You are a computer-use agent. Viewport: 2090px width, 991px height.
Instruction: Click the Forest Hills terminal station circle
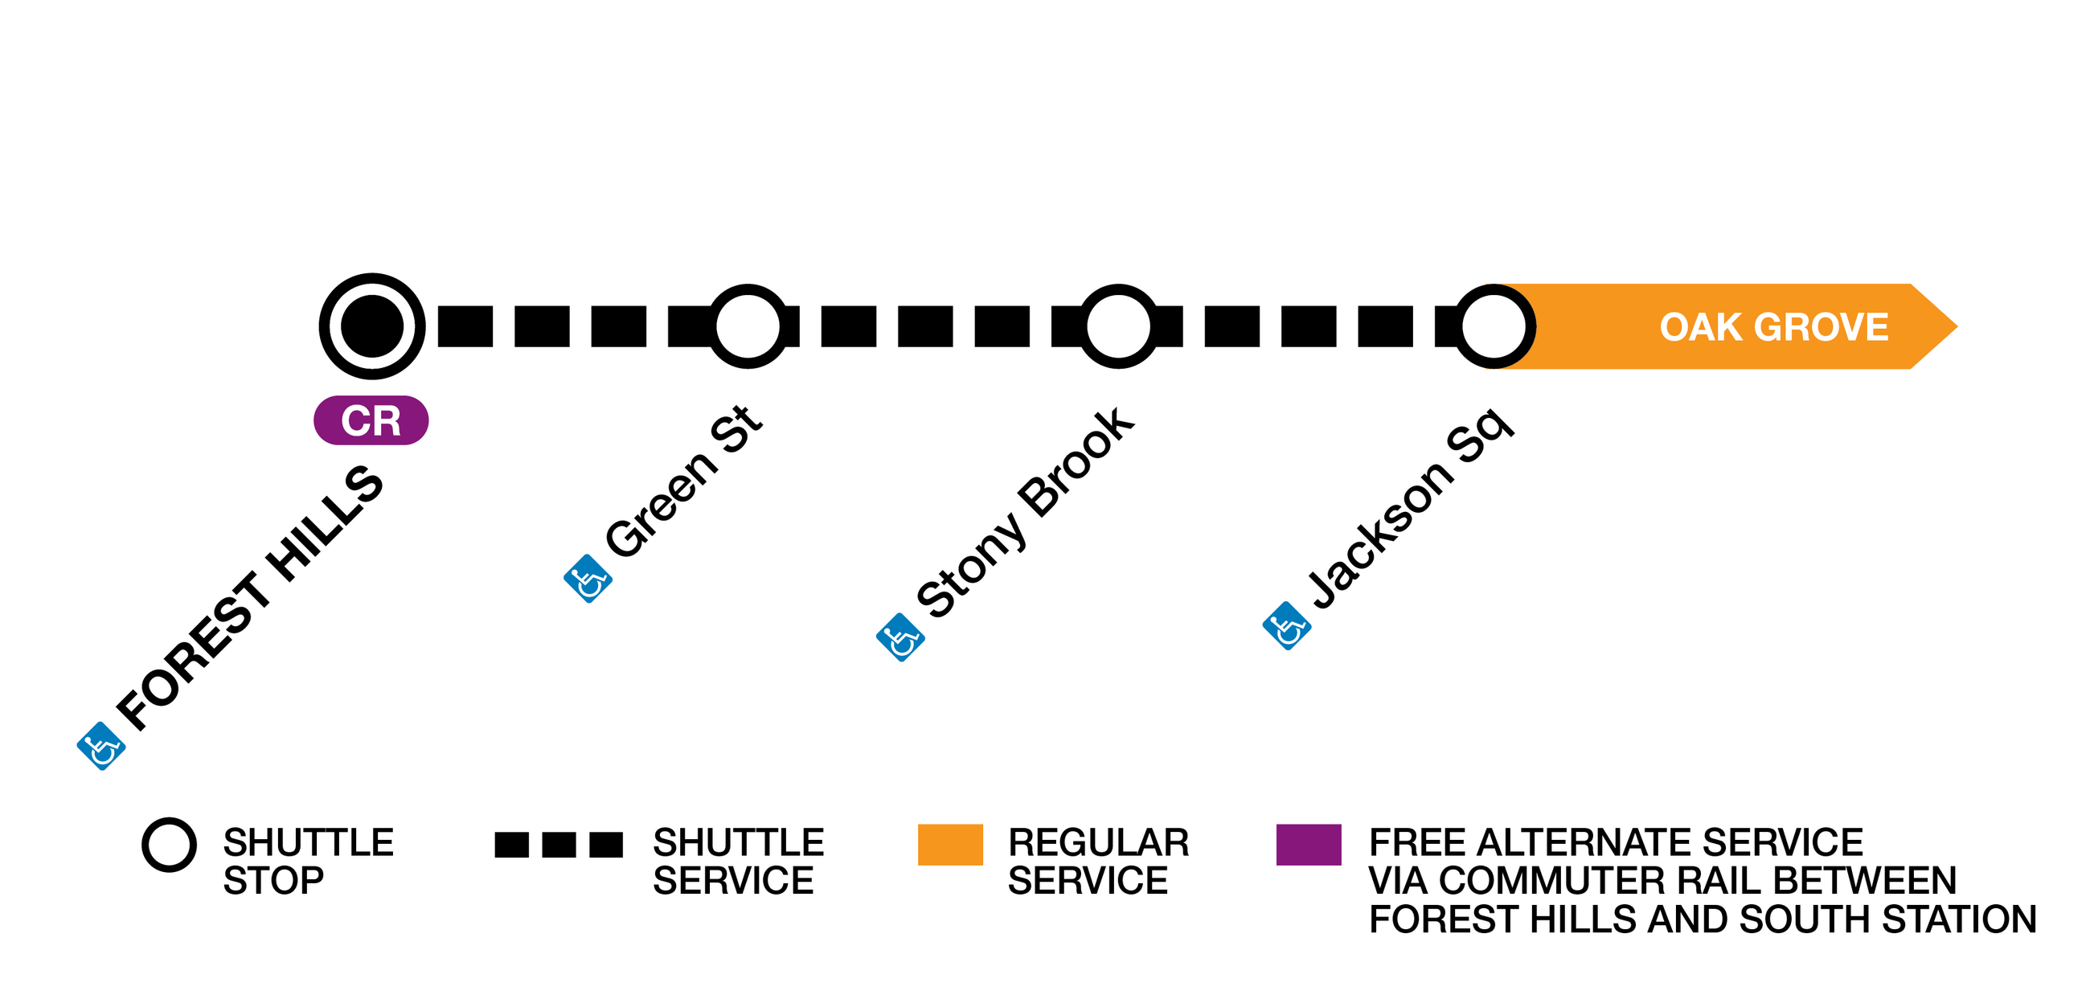[x=371, y=326]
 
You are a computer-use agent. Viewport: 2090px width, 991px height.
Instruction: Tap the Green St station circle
[x=748, y=326]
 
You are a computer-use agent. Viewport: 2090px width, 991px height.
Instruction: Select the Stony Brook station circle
[x=1118, y=326]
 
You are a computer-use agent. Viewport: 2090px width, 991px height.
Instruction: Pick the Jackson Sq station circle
[x=1494, y=326]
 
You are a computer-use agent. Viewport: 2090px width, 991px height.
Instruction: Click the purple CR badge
[x=371, y=420]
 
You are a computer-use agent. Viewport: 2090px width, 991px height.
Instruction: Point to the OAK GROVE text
[x=1773, y=327]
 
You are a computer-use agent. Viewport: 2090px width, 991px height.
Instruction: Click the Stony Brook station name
[x=1025, y=513]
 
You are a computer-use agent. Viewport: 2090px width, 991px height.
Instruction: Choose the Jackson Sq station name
[x=1410, y=508]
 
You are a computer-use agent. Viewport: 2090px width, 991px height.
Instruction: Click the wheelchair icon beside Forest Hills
[x=101, y=745]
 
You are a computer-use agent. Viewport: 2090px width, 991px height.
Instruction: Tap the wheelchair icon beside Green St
[x=588, y=578]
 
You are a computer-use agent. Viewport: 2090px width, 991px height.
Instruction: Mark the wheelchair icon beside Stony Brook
[x=900, y=637]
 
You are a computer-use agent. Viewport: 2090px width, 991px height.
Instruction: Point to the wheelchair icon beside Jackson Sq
[x=1287, y=625]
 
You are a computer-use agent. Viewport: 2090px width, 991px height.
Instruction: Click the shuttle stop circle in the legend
[x=169, y=844]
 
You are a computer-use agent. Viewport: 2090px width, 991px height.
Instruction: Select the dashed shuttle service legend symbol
[x=558, y=844]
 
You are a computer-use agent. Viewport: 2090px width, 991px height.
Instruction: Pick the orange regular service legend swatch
[x=950, y=844]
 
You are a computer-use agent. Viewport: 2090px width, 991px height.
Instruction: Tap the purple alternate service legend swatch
[x=1308, y=844]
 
